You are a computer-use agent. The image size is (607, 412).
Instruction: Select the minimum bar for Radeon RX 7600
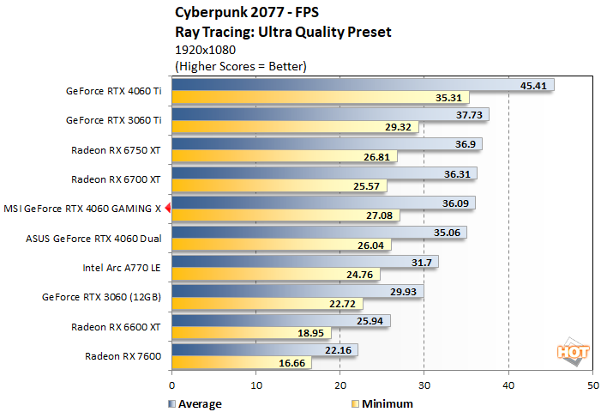(x=241, y=363)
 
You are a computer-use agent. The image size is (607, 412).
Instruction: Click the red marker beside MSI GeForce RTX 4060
(x=169, y=208)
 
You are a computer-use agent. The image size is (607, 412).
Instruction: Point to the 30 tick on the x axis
(x=424, y=386)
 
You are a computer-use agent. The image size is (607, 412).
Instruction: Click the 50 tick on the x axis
(x=592, y=386)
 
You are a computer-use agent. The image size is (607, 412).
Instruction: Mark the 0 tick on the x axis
(x=172, y=386)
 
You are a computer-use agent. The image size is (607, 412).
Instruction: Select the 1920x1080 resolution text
(x=205, y=50)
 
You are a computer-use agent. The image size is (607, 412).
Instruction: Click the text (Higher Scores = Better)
(x=241, y=65)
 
